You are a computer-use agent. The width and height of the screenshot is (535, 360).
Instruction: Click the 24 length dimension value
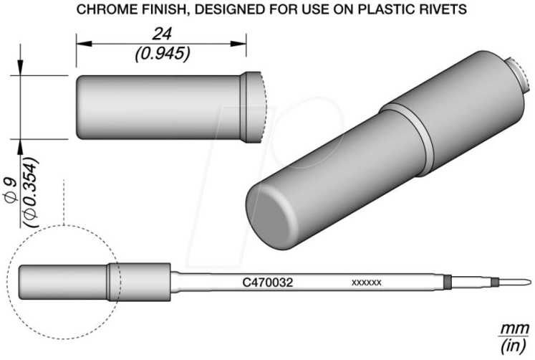tap(162, 34)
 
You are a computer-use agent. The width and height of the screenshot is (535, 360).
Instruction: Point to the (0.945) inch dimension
tap(163, 54)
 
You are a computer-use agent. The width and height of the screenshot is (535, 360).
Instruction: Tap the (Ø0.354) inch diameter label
tap(30, 192)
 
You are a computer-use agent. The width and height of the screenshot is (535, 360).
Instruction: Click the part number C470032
tap(268, 283)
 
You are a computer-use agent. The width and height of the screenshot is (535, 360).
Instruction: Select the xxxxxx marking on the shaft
tap(367, 283)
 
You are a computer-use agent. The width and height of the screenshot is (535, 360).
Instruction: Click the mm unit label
tap(515, 330)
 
